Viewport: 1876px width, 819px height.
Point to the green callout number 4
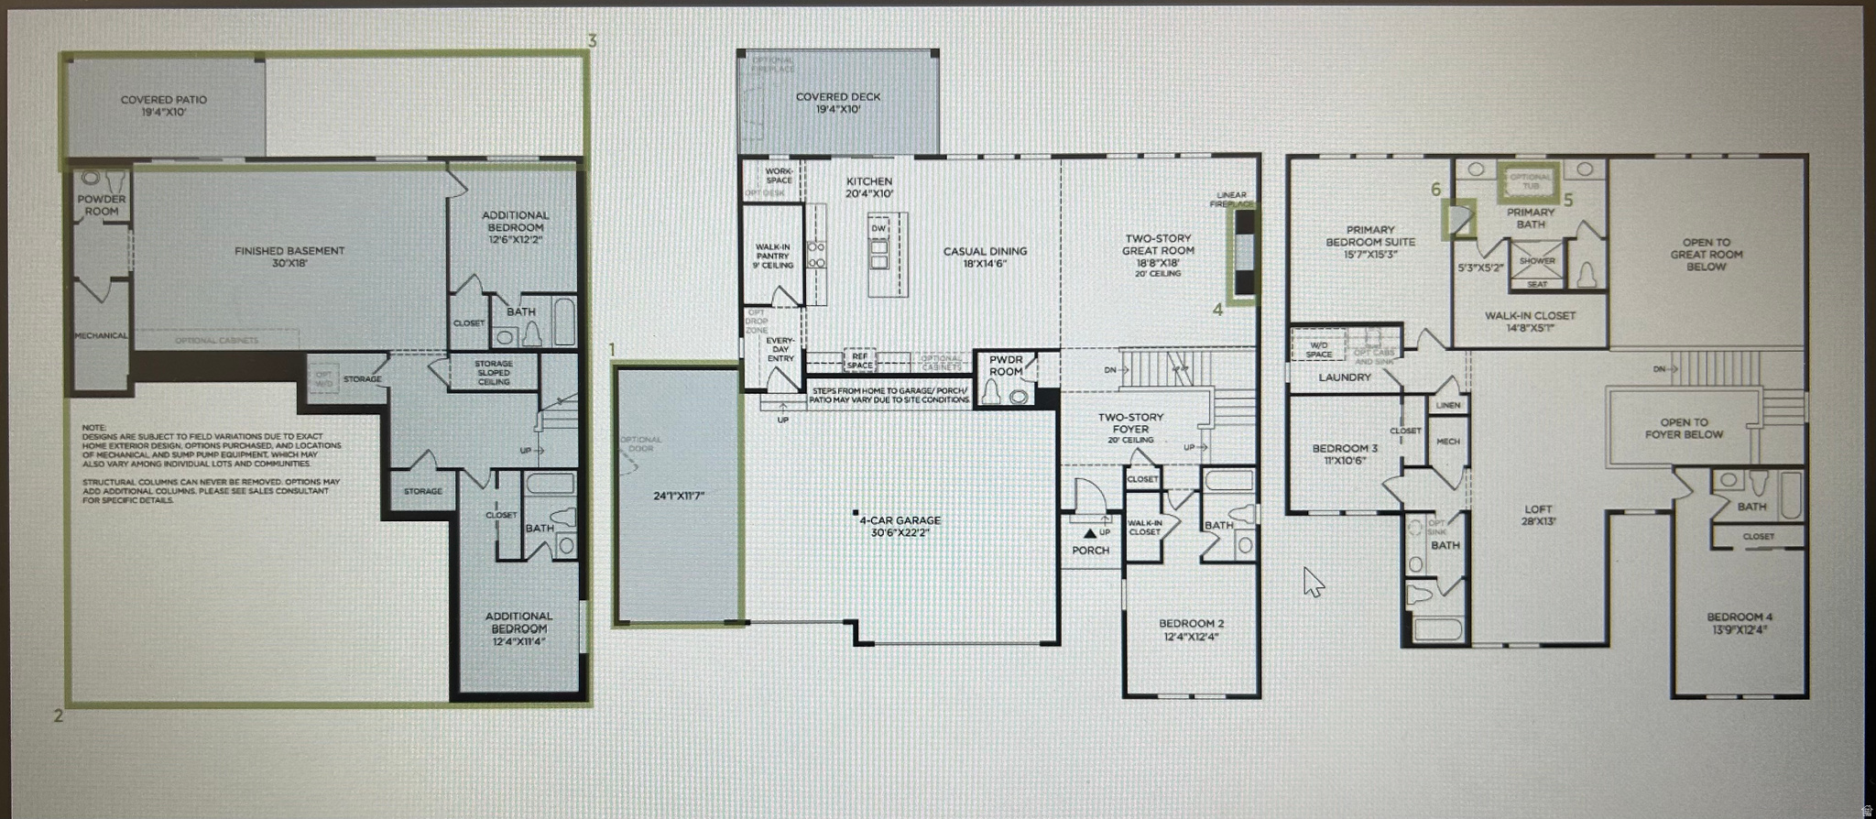pyautogui.click(x=1217, y=310)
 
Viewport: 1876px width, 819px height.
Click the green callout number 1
pyautogui.click(x=613, y=350)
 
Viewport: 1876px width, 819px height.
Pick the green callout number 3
pyautogui.click(x=593, y=40)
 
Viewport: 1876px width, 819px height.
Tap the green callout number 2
pyautogui.click(x=58, y=715)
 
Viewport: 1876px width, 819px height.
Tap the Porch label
pyautogui.click(x=1090, y=551)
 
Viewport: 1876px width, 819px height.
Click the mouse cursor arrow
pyautogui.click(x=1313, y=581)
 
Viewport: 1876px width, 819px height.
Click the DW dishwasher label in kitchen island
pyautogui.click(x=878, y=228)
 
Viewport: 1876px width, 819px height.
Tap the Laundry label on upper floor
pyautogui.click(x=1345, y=377)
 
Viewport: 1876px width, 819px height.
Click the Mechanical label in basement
pyautogui.click(x=101, y=336)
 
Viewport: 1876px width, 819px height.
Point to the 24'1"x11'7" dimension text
pyautogui.click(x=679, y=496)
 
